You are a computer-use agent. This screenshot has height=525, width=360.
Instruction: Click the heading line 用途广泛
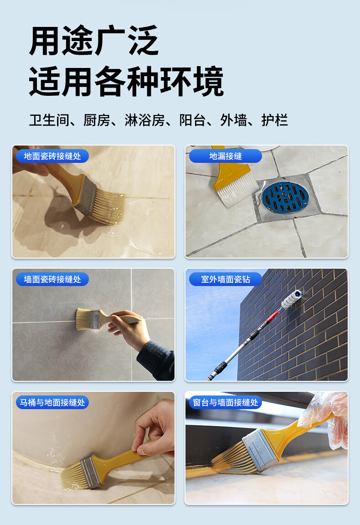[x=94, y=41]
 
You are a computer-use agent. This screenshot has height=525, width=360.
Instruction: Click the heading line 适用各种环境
[x=126, y=81]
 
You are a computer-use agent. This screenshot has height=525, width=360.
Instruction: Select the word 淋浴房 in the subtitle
[x=144, y=120]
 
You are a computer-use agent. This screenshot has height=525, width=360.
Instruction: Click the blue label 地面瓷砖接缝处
[x=52, y=156]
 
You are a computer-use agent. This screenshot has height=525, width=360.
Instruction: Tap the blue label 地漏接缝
[x=226, y=156]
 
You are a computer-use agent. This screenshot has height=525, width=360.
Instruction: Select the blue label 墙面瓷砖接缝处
[x=52, y=279]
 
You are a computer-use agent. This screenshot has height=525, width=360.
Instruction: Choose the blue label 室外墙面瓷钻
[x=226, y=279]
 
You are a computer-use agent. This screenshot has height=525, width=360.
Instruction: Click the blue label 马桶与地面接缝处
[x=52, y=402]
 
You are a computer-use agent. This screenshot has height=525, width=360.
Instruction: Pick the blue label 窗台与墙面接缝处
[x=226, y=402]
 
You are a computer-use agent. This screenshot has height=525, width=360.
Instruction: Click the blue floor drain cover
[x=285, y=197]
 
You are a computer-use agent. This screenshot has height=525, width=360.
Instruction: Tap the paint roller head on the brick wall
[x=291, y=299]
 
